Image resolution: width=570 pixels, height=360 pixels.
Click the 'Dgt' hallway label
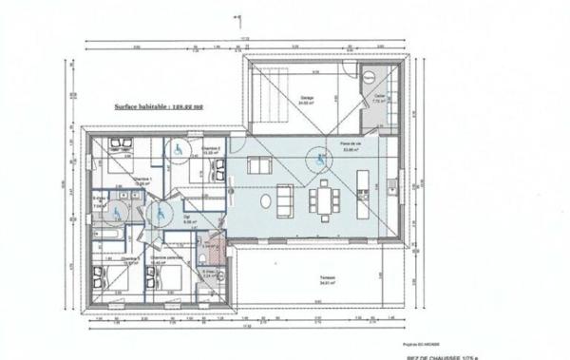point(186,217)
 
